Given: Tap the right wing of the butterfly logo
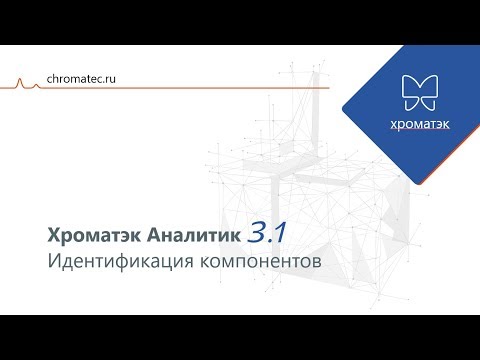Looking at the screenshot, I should pyautogui.click(x=428, y=91).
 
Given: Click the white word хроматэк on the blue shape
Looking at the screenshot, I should pyautogui.click(x=419, y=125).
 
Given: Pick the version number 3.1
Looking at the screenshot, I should pyautogui.click(x=267, y=233).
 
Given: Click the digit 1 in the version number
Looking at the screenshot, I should pyautogui.click(x=282, y=233).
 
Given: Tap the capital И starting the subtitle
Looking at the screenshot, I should pyautogui.click(x=54, y=263).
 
